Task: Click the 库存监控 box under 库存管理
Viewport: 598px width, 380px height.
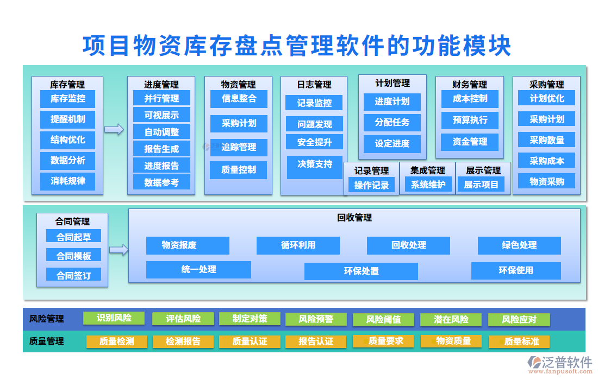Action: (67, 99)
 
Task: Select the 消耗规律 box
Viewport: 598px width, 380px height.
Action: (67, 181)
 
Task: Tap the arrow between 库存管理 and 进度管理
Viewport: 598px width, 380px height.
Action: (114, 129)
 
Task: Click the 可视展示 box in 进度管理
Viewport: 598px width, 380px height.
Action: (161, 115)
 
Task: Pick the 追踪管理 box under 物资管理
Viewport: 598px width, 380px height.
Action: (239, 147)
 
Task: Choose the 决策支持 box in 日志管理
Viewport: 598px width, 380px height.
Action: (315, 164)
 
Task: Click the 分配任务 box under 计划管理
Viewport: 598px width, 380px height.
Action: (392, 122)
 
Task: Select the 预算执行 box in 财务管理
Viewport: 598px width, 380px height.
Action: (470, 120)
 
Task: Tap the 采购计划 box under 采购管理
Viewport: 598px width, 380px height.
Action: (546, 119)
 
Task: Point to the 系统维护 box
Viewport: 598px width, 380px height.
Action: (428, 185)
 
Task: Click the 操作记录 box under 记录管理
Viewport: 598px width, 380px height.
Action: (371, 185)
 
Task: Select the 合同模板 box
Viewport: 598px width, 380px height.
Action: (73, 256)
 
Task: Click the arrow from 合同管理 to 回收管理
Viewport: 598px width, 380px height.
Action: (119, 250)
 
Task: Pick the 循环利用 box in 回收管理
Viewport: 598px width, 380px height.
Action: (298, 245)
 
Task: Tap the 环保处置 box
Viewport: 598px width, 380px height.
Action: (361, 271)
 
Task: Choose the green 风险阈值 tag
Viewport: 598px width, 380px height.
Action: (383, 319)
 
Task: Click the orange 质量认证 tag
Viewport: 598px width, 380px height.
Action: (250, 341)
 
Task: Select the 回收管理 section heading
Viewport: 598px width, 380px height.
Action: (354, 218)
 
